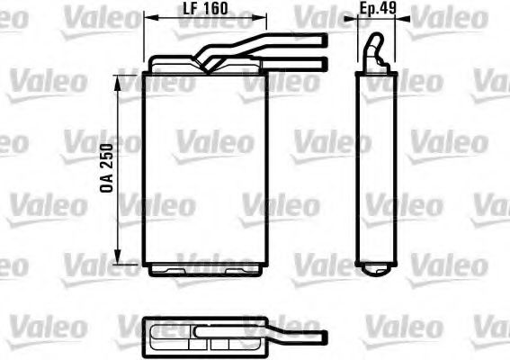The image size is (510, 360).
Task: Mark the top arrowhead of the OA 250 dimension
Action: pos(118,78)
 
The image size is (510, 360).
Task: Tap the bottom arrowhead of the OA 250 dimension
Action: pos(118,260)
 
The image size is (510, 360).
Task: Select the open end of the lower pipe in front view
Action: pos(323,62)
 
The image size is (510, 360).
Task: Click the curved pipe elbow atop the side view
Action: pos(377,50)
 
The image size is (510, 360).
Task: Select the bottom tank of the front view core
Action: pos(205,268)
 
